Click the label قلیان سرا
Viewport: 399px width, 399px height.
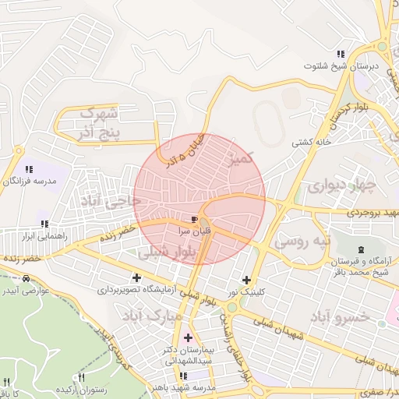pos(194,231)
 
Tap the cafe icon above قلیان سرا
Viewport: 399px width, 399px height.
pos(194,220)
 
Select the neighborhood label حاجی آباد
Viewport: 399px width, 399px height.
pos(115,201)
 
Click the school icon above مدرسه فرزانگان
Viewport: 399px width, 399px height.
pos(29,168)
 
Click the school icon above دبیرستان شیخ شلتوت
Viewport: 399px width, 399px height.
pos(341,54)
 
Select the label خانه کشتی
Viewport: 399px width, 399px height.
pos(312,143)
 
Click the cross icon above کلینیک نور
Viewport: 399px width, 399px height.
pos(247,280)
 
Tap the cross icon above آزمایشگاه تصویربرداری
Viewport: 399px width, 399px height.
pos(137,277)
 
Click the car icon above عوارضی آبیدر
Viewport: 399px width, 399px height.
pos(27,279)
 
